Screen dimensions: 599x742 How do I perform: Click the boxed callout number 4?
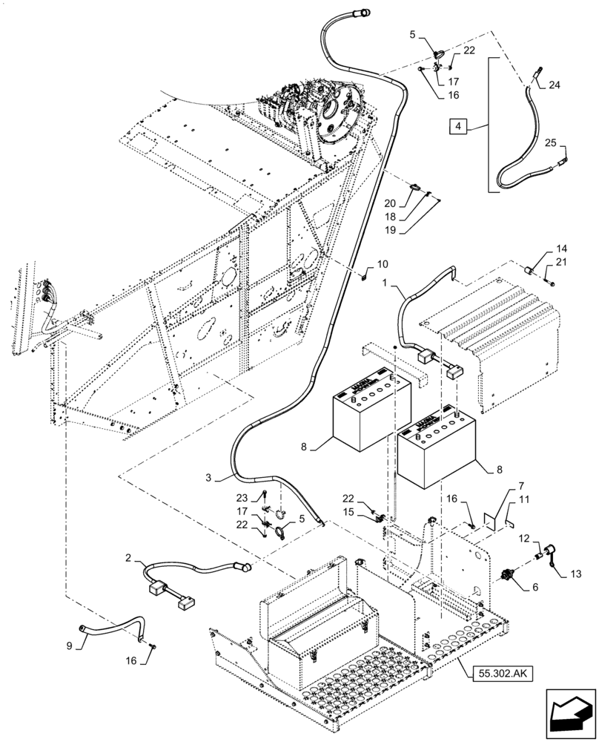[x=460, y=128]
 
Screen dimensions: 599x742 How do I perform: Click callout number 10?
[x=382, y=264]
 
